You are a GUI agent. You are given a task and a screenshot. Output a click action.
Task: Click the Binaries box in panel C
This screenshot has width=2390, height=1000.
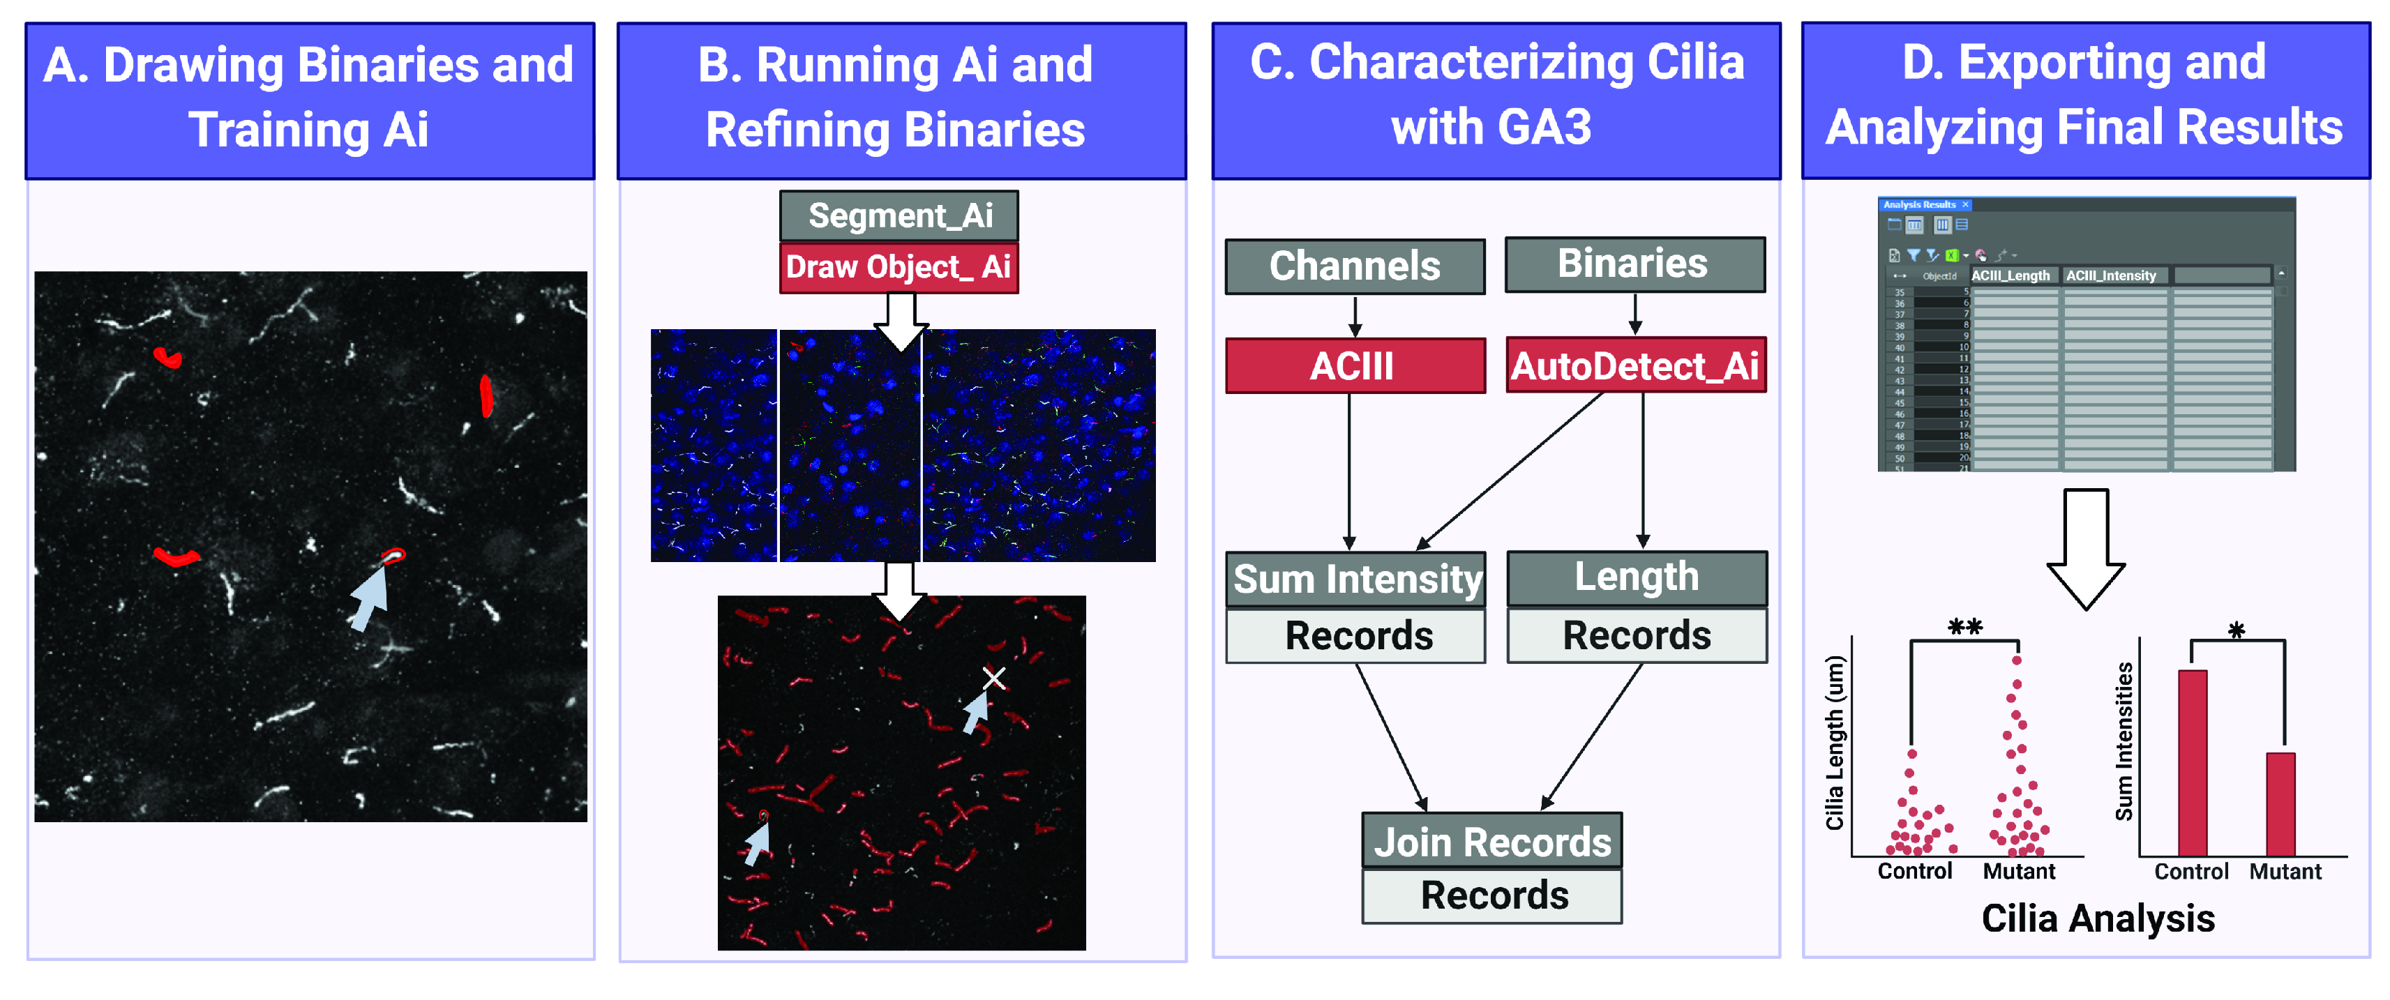[x=1634, y=264]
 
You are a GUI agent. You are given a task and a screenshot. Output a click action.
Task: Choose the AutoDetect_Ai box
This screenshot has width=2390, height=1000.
[x=1634, y=365]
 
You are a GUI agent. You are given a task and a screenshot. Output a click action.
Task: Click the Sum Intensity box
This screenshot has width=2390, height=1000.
[x=1355, y=579]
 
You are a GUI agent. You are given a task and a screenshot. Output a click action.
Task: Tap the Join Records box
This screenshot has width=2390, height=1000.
[x=1491, y=842]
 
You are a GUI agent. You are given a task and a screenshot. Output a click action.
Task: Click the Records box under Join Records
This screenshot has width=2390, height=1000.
[x=1491, y=895]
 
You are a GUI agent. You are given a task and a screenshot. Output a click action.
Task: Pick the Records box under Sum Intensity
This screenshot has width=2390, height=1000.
[x=1355, y=635]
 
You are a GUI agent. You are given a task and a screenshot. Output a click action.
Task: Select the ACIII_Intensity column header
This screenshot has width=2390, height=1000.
[x=2111, y=275]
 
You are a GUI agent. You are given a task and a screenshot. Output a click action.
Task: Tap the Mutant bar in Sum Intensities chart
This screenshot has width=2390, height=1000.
[x=2280, y=803]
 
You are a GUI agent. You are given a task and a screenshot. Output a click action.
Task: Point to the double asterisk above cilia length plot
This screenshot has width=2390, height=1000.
[x=1964, y=627]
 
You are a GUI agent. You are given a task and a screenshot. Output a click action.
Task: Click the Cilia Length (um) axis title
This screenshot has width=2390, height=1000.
[x=1834, y=742]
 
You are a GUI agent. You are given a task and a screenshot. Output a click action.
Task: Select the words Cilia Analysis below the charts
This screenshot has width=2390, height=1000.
[x=2098, y=918]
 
